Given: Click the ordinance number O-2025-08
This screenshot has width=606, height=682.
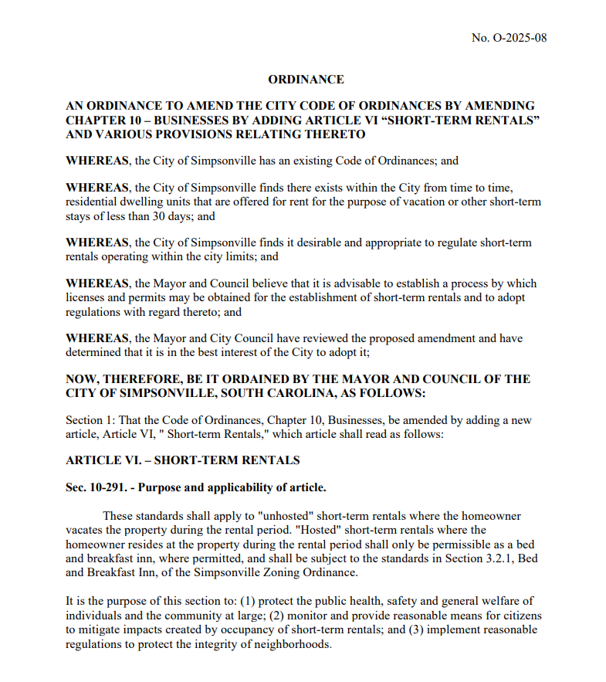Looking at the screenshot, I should [520, 38].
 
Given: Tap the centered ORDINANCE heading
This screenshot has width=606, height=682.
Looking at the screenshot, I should [306, 80].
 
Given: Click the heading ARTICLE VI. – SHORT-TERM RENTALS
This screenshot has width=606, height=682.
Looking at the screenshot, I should [182, 460].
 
